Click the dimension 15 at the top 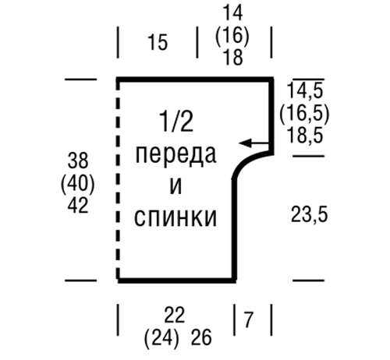pyautogui.click(x=158, y=42)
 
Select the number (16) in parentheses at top pyautogui.click(x=232, y=35)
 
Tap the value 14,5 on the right pyautogui.click(x=305, y=90)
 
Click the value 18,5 pyautogui.click(x=305, y=136)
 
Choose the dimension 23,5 pyautogui.click(x=309, y=214)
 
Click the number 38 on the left pyautogui.click(x=78, y=161)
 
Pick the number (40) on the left pyautogui.click(x=77, y=183)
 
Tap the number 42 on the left pyautogui.click(x=78, y=206)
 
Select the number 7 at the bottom pyautogui.click(x=249, y=319)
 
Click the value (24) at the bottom pyautogui.click(x=161, y=338)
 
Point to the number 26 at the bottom pyautogui.click(x=201, y=338)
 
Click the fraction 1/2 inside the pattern pyautogui.click(x=177, y=121)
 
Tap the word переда pyautogui.click(x=175, y=155)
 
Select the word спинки pyautogui.click(x=175, y=217)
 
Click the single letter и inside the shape pyautogui.click(x=175, y=186)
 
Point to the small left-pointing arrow pyautogui.click(x=254, y=143)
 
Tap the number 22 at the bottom pyautogui.click(x=174, y=315)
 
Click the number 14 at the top pyautogui.click(x=233, y=13)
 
